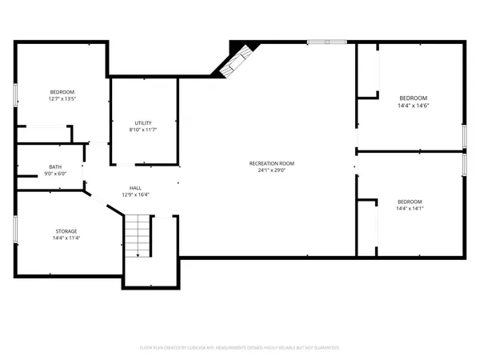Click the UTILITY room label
[x=143, y=123]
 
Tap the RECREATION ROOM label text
[x=267, y=163]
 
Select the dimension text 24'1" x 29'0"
[x=267, y=170]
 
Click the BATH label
[x=55, y=166]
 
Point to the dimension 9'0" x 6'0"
[x=55, y=174]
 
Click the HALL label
[x=136, y=187]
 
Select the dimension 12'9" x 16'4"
[x=136, y=194]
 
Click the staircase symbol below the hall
[x=138, y=236]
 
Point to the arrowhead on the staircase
[x=138, y=254]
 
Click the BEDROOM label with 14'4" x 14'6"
[x=413, y=98]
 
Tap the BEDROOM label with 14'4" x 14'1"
[x=410, y=202]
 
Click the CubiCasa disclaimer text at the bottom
[x=240, y=348]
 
